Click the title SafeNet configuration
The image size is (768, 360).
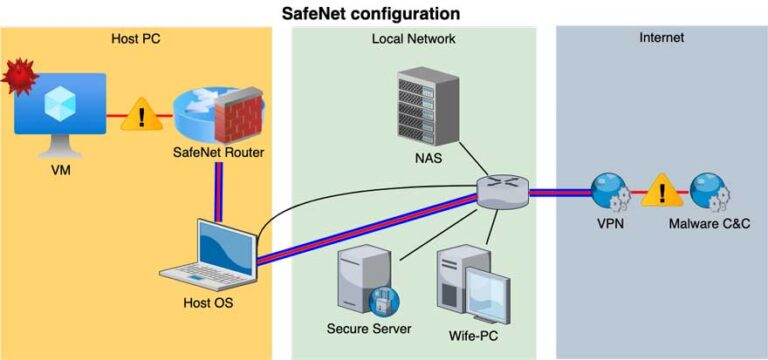coord(384,13)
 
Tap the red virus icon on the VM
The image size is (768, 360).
coord(18,75)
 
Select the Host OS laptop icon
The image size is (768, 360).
coord(213,253)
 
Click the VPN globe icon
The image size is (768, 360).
coord(610,192)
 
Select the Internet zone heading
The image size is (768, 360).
coord(661,38)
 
